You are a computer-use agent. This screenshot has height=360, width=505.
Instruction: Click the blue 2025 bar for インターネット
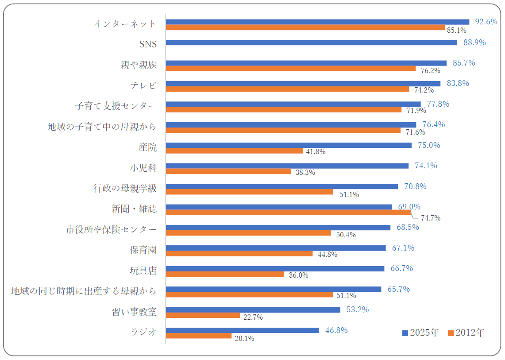point(317,22)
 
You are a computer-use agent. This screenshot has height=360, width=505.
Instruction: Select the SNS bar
point(312,43)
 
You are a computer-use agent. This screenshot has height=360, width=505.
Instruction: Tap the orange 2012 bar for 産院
point(234,151)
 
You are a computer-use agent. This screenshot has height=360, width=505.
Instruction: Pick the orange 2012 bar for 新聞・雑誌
point(288,213)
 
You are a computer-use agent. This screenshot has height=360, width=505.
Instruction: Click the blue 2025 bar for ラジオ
point(243,330)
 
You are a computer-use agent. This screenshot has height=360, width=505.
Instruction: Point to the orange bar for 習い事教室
point(203,315)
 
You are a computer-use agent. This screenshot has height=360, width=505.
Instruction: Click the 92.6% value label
point(486,22)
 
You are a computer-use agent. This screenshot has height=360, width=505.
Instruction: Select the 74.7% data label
point(431,218)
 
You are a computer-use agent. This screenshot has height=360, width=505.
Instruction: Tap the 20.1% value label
point(244,339)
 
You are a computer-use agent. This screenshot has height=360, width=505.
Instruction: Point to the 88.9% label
point(474,43)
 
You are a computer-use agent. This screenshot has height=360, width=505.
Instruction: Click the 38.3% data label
point(305,173)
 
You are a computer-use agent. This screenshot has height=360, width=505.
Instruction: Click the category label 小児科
point(143,168)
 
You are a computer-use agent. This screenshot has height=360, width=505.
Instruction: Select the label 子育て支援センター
point(116,106)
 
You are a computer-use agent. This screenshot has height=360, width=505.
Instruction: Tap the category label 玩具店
point(143,271)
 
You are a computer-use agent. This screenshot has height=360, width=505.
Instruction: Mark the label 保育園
point(143,250)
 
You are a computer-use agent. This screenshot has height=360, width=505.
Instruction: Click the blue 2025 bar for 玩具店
point(275,268)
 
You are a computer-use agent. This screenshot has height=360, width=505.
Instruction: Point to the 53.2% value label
point(358,310)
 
